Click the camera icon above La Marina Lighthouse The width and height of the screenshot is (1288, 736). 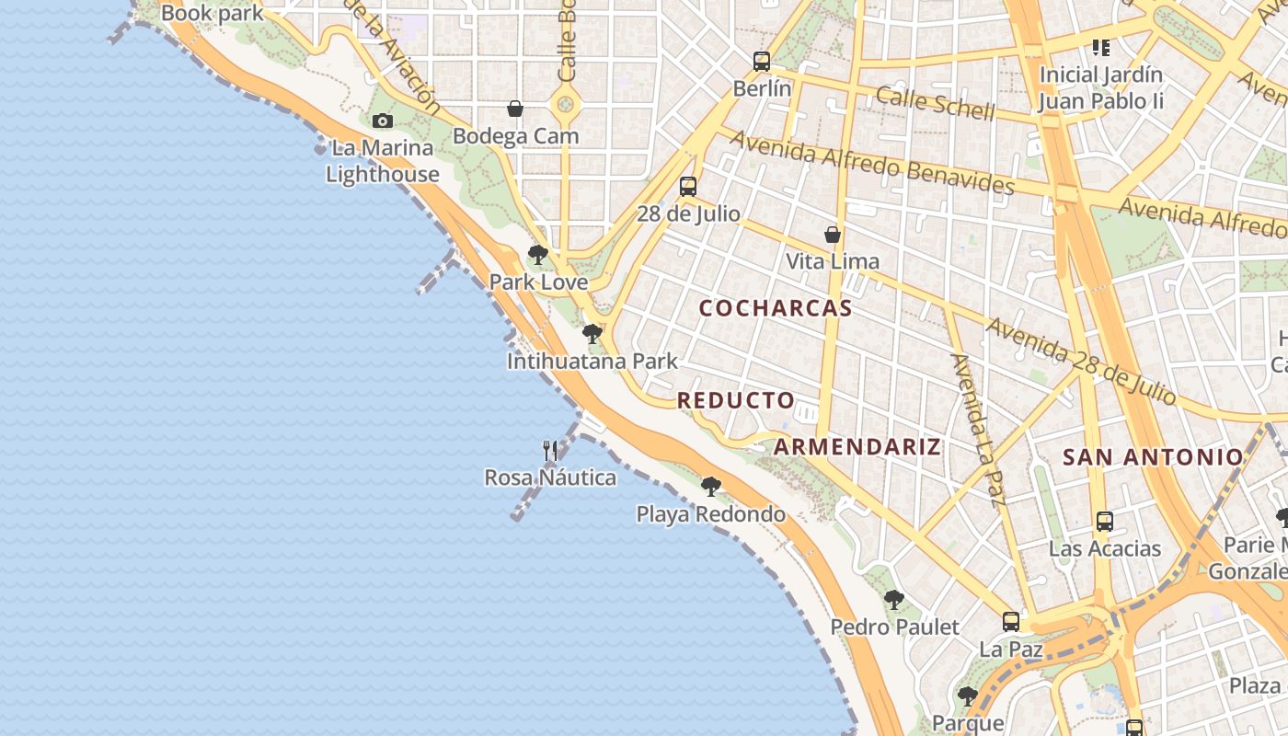pos(383,121)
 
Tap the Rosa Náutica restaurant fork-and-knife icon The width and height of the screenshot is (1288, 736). pos(550,450)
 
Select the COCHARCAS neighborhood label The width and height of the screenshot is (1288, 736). pos(776,308)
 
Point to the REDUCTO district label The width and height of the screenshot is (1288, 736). pos(736,400)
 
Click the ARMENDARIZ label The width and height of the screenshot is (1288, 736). pos(857,447)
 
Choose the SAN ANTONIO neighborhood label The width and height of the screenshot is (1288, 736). pos(1153,456)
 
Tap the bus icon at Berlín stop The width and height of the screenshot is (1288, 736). pos(762,62)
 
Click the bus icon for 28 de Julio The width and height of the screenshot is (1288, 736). pos(688,187)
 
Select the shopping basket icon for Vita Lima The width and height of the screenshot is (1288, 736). pos(833,235)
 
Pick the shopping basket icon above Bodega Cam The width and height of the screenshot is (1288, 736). pos(515,109)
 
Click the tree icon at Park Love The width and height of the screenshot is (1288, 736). pos(538,255)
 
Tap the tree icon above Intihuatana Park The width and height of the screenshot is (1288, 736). pos(592,334)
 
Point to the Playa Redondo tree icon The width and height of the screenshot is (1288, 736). pos(710,487)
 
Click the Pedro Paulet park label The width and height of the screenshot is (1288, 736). pos(894,627)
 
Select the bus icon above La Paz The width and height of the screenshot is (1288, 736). pos(1011,622)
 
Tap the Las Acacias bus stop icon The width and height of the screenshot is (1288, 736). pos(1105,522)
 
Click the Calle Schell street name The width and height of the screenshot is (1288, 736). pos(935,103)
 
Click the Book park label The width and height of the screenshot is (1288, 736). pos(212,14)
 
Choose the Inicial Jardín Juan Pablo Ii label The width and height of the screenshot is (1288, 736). pos(1100,87)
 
